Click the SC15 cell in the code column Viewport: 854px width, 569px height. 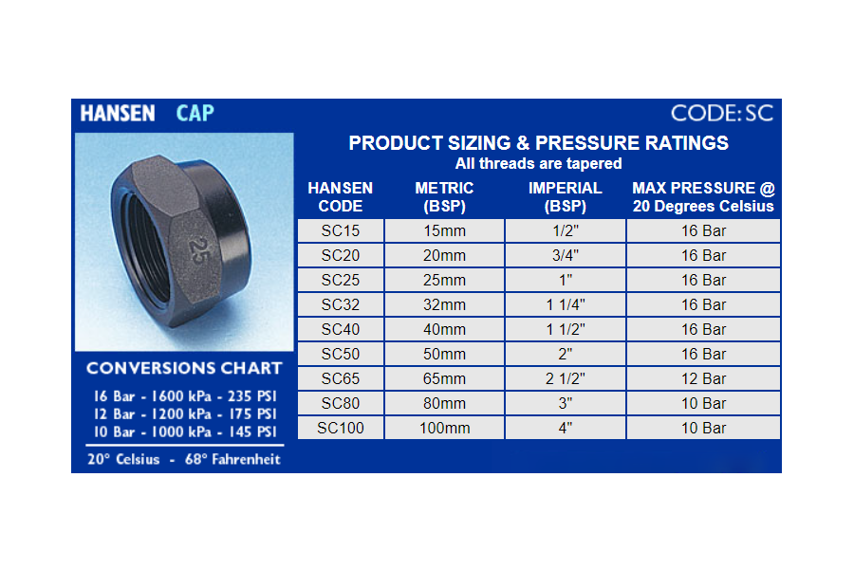[341, 230]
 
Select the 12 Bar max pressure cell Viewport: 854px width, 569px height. [703, 378]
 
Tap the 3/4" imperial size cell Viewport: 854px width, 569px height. [566, 255]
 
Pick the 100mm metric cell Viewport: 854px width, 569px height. [444, 428]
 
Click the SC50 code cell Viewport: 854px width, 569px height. [341, 354]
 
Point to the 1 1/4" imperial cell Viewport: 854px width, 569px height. [566, 305]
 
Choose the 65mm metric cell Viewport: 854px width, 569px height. [444, 378]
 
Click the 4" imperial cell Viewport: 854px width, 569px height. [566, 428]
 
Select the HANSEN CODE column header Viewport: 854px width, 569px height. [341, 197]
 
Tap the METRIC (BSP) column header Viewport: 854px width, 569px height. [444, 197]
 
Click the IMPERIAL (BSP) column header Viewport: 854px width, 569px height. [566, 197]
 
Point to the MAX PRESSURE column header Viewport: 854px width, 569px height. [703, 197]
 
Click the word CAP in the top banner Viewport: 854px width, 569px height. [195, 113]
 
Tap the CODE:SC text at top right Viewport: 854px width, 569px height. [722, 113]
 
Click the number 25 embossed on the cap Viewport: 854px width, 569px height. [197, 250]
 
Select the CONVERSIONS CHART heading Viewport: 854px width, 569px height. [184, 368]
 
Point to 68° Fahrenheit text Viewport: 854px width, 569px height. [232, 459]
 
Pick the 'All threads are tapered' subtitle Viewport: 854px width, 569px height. [539, 163]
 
